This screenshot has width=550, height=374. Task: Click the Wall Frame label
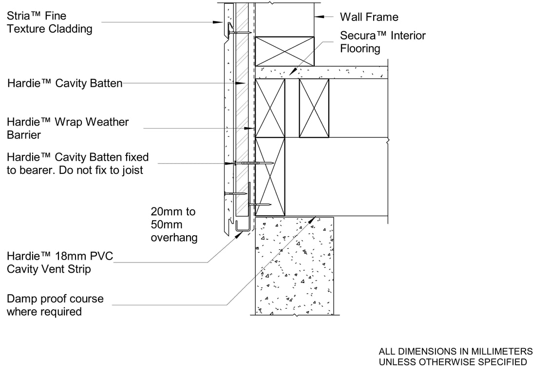click(x=369, y=17)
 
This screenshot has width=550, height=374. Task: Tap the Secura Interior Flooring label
click(x=382, y=42)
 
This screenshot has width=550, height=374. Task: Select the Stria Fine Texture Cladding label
click(x=49, y=22)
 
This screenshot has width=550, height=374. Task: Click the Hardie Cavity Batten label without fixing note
click(x=65, y=83)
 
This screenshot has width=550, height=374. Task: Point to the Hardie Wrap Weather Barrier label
click(x=68, y=128)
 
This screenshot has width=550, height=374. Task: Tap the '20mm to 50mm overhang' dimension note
click(x=173, y=224)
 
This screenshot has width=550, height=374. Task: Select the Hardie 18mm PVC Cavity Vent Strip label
click(x=59, y=262)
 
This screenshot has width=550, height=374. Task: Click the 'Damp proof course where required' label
click(x=55, y=305)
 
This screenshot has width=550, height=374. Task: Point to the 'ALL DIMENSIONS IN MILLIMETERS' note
click(x=455, y=351)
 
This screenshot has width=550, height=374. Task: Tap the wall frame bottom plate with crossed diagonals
click(x=285, y=51)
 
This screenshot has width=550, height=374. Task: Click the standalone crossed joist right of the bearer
click(x=314, y=108)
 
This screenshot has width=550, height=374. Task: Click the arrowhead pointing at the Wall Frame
click(x=318, y=17)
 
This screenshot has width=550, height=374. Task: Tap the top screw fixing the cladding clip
click(x=239, y=32)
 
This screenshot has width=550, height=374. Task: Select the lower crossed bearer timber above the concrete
click(x=270, y=176)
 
